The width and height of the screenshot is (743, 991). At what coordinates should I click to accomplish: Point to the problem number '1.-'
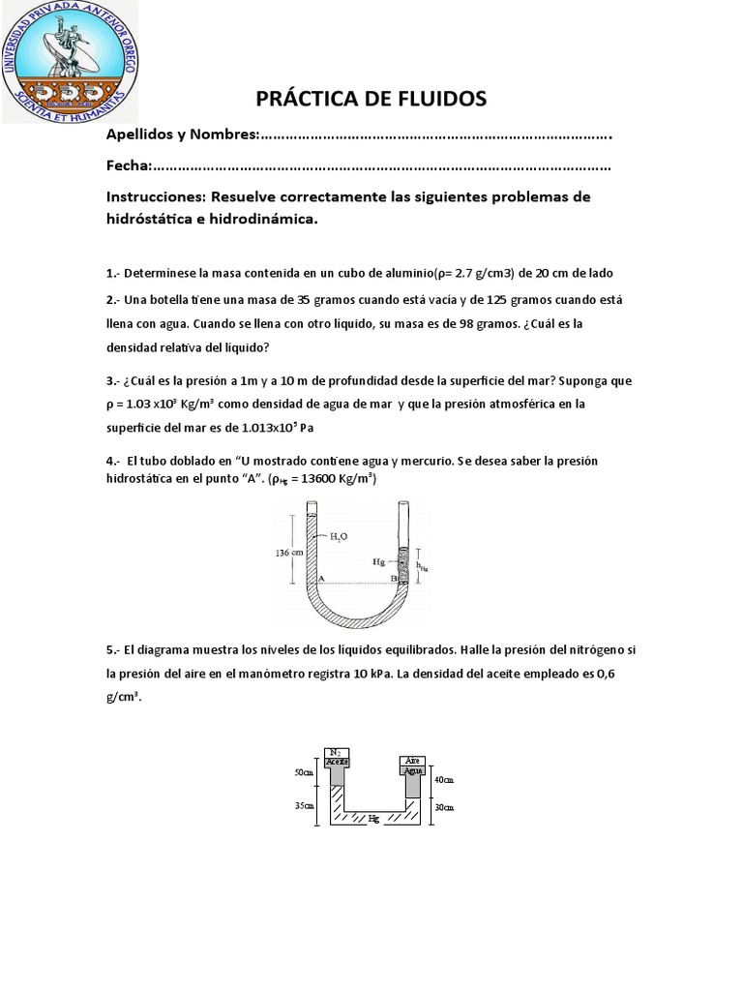point(114,273)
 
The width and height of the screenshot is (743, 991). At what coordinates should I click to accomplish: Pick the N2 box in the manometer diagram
point(337,751)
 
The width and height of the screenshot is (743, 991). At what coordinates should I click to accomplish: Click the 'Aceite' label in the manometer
point(337,762)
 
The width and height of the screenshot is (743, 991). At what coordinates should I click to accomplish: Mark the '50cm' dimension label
point(304,772)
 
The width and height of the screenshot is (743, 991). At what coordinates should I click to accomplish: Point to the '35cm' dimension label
point(304,805)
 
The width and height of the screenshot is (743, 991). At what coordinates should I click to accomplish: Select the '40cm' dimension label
point(444,778)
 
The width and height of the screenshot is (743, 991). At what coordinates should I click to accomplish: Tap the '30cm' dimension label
point(444,807)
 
